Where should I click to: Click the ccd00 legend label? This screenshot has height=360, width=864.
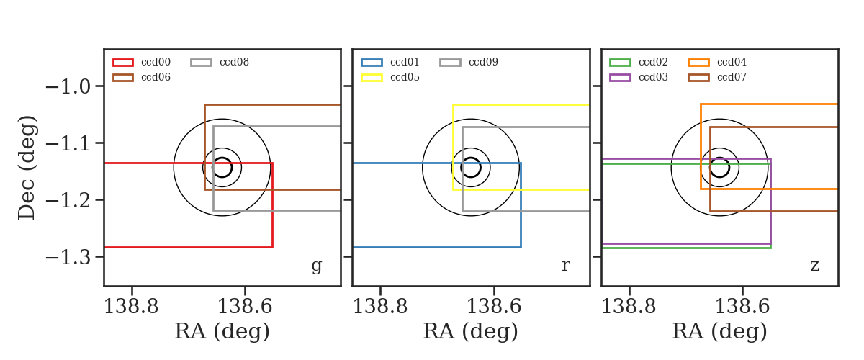pos(156,62)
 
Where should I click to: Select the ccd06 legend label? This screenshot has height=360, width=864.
pos(156,77)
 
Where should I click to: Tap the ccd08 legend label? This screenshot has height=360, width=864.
pos(234,62)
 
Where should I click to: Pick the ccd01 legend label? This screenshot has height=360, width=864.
pos(405,62)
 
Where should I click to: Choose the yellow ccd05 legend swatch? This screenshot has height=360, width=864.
pos(372,78)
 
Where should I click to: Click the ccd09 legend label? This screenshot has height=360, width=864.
pos(483,62)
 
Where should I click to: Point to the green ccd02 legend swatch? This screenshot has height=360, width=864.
pos(620,63)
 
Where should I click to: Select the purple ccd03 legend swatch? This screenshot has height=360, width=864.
pos(620,78)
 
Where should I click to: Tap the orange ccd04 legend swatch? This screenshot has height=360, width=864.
pos(698,63)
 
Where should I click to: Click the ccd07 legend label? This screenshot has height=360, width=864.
pos(732,77)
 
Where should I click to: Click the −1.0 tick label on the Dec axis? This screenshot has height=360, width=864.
pos(68,86)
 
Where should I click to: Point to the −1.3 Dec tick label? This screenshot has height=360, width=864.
pos(68,257)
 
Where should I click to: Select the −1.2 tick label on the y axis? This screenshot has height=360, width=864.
pos(68,200)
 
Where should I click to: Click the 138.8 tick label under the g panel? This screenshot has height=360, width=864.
pos(131,307)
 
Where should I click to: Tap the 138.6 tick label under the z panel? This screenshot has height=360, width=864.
pos(742,307)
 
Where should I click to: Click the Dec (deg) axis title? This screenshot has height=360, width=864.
pos(27,168)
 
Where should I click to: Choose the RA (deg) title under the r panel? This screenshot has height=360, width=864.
pos(471,331)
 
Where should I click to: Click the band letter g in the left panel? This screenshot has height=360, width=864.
pos(316,266)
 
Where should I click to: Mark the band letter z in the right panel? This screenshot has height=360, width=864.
pos(814,266)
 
